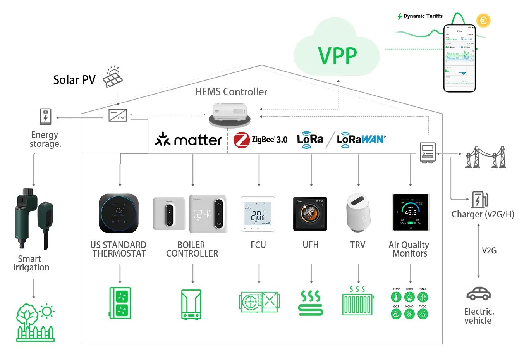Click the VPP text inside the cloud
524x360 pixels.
tap(337, 56)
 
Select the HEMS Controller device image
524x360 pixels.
tap(230, 114)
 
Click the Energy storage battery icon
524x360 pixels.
tap(46, 117)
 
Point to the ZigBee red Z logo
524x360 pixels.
tap(242, 140)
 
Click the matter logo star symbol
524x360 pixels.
tap(163, 139)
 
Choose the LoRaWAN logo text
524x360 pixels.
tap(361, 139)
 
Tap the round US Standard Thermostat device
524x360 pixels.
tap(119, 213)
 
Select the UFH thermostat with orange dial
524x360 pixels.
tap(310, 214)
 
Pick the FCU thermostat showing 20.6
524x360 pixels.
tap(258, 214)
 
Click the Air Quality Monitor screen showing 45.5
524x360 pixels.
tap(411, 212)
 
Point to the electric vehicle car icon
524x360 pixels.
tap(479, 294)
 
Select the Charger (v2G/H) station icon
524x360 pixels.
tap(479, 200)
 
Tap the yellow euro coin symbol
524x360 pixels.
tap(483, 20)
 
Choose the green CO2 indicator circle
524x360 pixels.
tap(396, 314)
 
